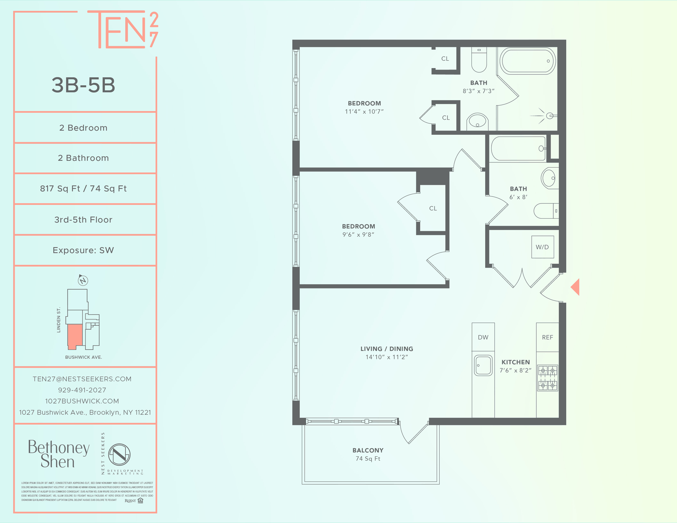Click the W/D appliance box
pyautogui.click(x=542, y=247)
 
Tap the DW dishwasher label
pyautogui.click(x=483, y=337)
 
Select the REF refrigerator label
pyautogui.click(x=547, y=337)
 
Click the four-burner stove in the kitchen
pyautogui.click(x=548, y=378)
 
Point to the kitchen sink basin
pyautogui.click(x=483, y=365)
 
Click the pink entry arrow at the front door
pyautogui.click(x=575, y=287)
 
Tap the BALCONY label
pyautogui.click(x=368, y=450)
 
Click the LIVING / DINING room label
pyautogui.click(x=386, y=349)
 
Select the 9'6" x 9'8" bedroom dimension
pyautogui.click(x=358, y=235)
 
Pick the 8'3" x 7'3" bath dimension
pyautogui.click(x=478, y=91)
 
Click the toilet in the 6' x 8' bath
pyautogui.click(x=545, y=211)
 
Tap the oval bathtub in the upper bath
pyautogui.click(x=527, y=61)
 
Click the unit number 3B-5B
pyautogui.click(x=84, y=85)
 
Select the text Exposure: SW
pyautogui.click(x=83, y=250)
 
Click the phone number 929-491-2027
pyautogui.click(x=82, y=390)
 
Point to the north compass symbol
pyautogui.click(x=83, y=280)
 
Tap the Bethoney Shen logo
pyautogui.click(x=59, y=454)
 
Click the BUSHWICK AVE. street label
pyautogui.click(x=84, y=357)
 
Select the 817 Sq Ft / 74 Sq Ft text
pyautogui.click(x=83, y=189)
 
